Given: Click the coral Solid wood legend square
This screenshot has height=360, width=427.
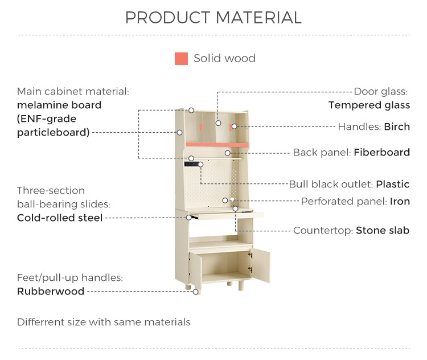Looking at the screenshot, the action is [x=181, y=59].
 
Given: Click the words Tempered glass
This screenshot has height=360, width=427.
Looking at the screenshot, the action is [x=369, y=105].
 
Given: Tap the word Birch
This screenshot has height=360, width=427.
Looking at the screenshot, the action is [x=397, y=126].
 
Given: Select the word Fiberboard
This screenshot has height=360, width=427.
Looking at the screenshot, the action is [x=382, y=152].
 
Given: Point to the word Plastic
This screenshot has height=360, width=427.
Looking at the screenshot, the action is [x=393, y=184].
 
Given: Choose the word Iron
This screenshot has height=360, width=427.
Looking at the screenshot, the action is [x=400, y=202].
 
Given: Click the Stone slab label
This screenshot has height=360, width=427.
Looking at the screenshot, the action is [x=383, y=230].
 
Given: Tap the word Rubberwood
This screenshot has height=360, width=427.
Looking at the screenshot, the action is [x=51, y=291].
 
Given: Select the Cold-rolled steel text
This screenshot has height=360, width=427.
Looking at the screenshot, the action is [x=60, y=218].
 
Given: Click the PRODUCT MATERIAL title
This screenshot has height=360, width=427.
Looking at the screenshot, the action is [x=213, y=18].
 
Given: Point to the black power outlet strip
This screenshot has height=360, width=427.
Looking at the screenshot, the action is [x=192, y=164].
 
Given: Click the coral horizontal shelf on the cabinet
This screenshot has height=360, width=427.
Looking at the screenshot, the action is [x=217, y=145].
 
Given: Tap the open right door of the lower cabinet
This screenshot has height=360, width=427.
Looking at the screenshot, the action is [x=261, y=265].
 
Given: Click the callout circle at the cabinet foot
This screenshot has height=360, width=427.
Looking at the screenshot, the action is [x=195, y=292].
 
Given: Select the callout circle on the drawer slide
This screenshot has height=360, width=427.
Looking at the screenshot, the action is [x=188, y=218].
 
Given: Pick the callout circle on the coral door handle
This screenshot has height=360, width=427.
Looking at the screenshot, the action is [x=234, y=126].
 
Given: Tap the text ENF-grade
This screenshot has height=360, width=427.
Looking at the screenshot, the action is [x=47, y=119].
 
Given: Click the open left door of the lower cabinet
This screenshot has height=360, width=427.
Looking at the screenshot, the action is [x=195, y=269].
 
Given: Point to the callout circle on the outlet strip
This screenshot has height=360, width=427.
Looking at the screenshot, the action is [x=201, y=164].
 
